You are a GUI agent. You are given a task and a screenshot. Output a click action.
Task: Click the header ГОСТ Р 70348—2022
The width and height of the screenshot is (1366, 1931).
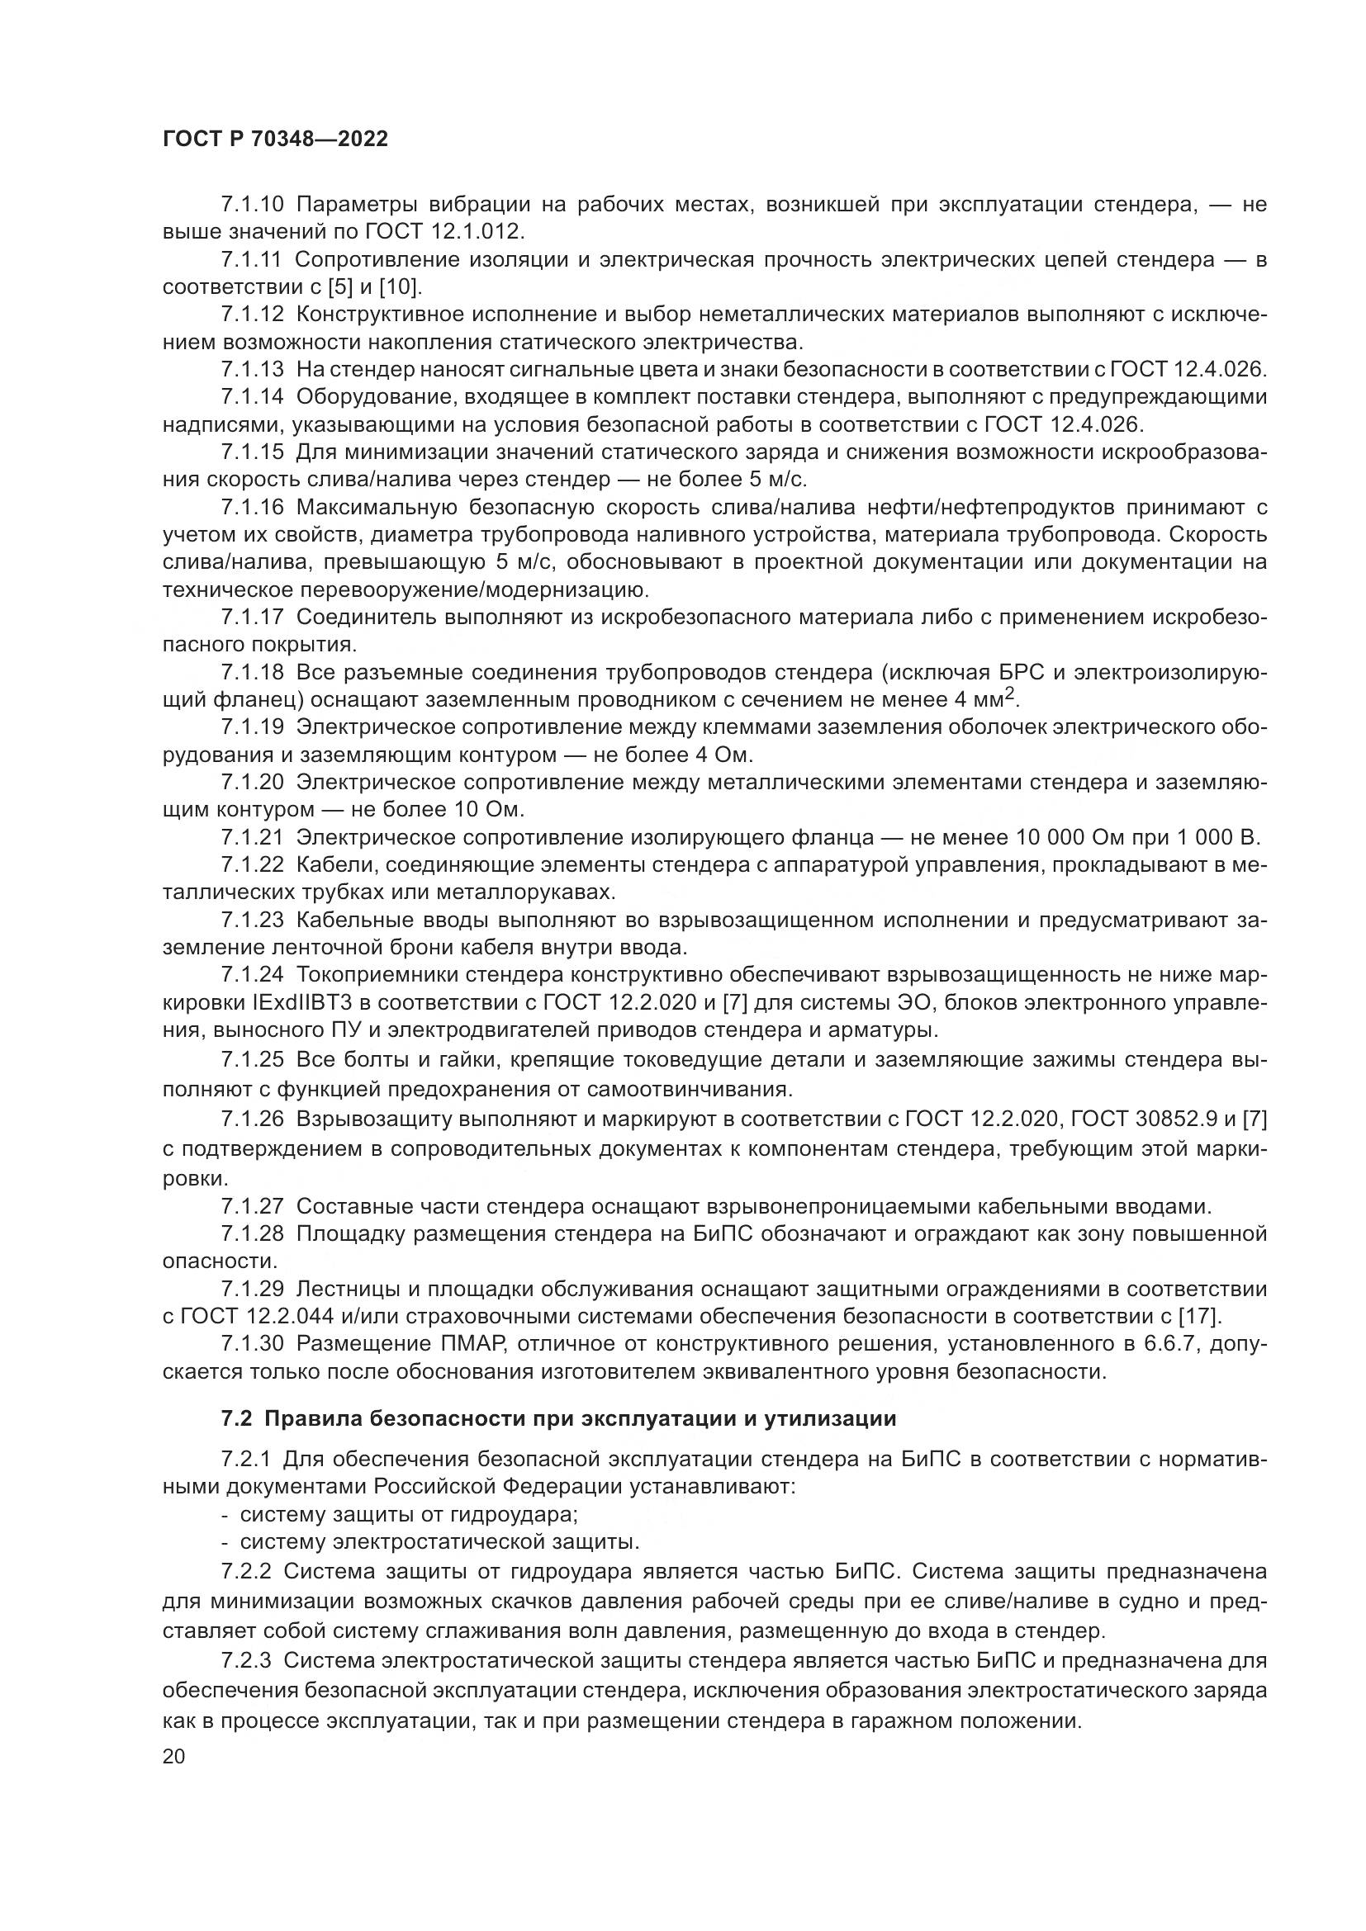coord(275,140)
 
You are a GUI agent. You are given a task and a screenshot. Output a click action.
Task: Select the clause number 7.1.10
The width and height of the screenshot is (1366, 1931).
coord(254,205)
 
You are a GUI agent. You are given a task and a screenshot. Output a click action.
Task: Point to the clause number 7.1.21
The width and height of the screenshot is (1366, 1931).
coord(254,838)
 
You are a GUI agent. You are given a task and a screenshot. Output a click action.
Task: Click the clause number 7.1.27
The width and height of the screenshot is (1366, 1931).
coord(254,1207)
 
